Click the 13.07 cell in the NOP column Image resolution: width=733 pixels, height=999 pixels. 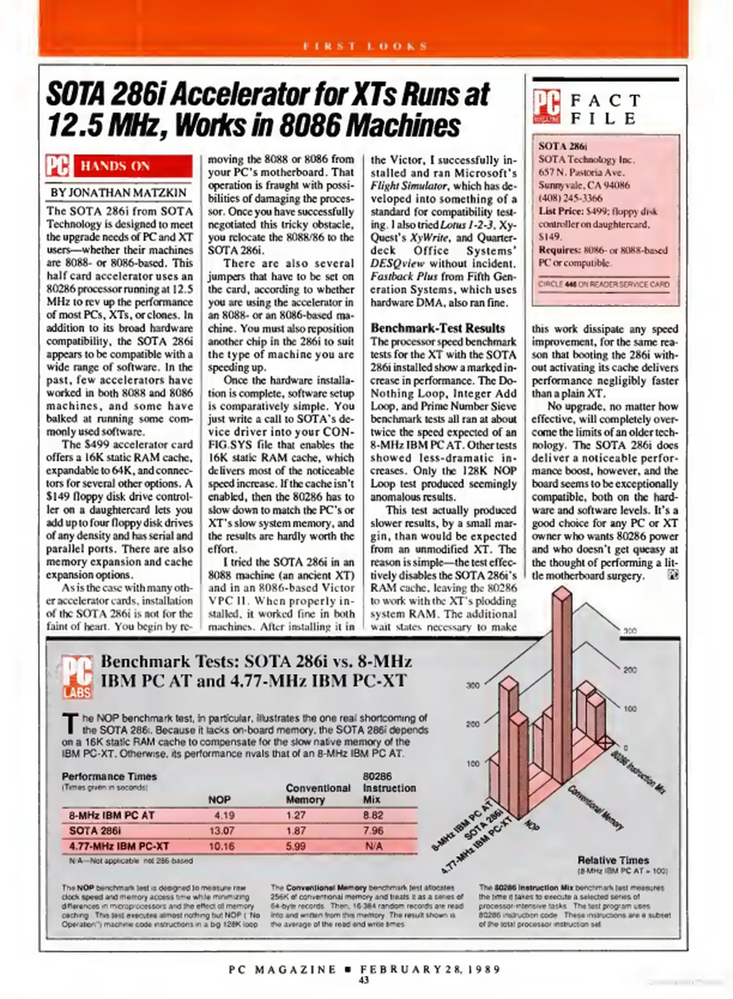[x=222, y=831]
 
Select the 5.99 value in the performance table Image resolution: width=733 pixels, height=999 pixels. [x=296, y=846]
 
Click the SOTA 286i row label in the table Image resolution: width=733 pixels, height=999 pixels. [x=95, y=831]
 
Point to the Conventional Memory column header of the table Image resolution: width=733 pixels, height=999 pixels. [x=318, y=794]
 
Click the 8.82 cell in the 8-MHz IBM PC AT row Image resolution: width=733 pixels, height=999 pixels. [x=373, y=815]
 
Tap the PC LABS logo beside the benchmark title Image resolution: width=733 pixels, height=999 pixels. [x=78, y=677]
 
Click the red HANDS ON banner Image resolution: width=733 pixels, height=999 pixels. [x=133, y=166]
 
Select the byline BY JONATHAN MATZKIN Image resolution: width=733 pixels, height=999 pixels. [x=118, y=192]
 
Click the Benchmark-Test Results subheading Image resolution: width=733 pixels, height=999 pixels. [x=437, y=328]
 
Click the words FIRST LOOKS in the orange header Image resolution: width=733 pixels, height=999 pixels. [x=365, y=46]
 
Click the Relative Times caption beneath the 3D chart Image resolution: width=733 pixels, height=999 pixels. [x=613, y=860]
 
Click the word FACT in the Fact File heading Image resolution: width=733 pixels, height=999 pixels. [x=605, y=100]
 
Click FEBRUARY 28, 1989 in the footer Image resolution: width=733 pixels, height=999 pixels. [x=430, y=969]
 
